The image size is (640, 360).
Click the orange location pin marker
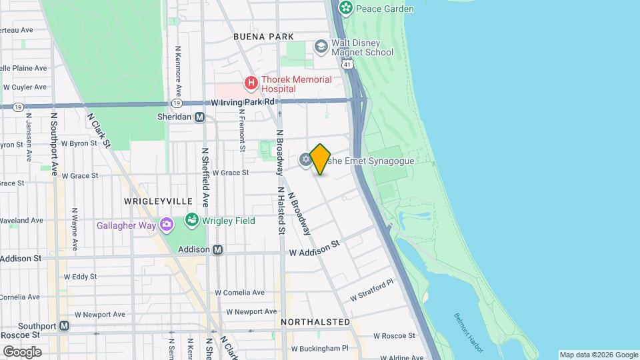coord(320,159)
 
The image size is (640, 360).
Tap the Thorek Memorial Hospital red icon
coord(251,83)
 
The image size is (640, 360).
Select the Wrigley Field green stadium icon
coord(192,221)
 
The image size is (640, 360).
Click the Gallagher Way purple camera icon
coord(165,225)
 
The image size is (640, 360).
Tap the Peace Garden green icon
coord(345,8)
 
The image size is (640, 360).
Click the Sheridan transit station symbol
coord(199,117)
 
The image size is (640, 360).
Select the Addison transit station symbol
coord(217,250)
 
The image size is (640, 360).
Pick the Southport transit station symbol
coord(64,326)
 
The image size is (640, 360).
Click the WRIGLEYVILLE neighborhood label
coord(158,201)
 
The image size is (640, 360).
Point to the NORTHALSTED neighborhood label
coord(315,322)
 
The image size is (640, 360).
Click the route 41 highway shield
coord(346,62)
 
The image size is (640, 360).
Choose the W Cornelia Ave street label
coord(239,292)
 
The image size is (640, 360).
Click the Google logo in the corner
coord(21,351)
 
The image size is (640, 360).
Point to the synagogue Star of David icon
coord(305,159)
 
